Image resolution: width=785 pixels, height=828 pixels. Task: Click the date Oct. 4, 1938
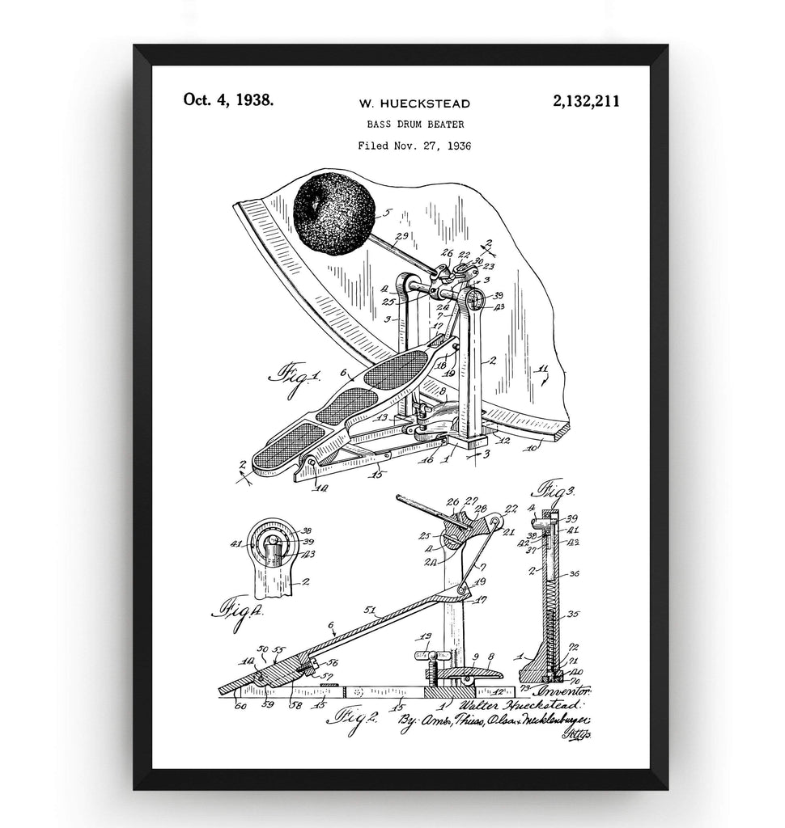(228, 100)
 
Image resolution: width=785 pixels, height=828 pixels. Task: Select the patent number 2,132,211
(587, 101)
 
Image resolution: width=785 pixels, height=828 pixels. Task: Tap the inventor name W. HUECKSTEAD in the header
(414, 103)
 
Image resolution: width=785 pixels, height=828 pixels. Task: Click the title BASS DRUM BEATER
(414, 125)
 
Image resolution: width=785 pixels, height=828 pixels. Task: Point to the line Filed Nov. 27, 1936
(414, 146)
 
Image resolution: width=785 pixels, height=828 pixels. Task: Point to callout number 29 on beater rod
(401, 236)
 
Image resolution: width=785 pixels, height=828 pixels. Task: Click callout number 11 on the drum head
(543, 371)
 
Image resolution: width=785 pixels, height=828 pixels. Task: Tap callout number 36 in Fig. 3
(574, 574)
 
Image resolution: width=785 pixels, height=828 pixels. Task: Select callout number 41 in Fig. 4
(236, 544)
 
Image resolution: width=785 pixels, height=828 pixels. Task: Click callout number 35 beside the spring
(574, 614)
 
